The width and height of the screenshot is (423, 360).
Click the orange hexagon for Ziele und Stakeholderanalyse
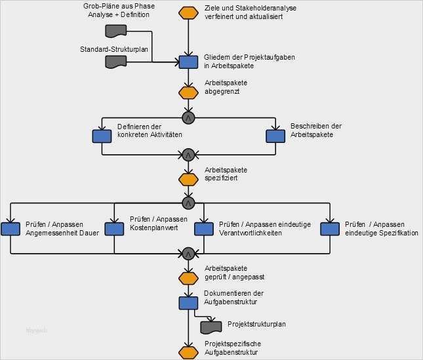coord(188,12)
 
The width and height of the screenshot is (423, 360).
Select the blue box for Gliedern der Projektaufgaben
coord(188,62)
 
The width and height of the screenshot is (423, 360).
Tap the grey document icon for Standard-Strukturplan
coord(115,62)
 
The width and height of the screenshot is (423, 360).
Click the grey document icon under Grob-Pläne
coord(115,31)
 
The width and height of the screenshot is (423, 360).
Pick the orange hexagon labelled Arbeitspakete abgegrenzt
coord(188,92)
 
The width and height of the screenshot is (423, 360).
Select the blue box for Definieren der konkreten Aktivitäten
coord(102,136)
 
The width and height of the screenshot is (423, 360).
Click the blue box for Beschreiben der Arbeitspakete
coord(275,135)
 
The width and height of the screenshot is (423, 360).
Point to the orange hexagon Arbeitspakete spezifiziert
coord(188,178)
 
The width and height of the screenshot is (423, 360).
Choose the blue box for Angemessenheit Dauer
coord(10,228)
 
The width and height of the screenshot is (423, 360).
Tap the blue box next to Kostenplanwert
coord(114,228)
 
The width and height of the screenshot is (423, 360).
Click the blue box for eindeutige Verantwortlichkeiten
coord(204,228)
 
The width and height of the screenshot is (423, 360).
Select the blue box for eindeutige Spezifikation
coord(329,228)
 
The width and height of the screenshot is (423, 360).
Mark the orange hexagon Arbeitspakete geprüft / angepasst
coord(188,277)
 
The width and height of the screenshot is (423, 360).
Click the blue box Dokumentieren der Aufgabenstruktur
coord(188,303)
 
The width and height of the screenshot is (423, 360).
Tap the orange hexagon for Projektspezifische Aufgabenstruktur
coord(188,352)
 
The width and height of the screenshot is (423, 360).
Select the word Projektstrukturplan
coord(256,324)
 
